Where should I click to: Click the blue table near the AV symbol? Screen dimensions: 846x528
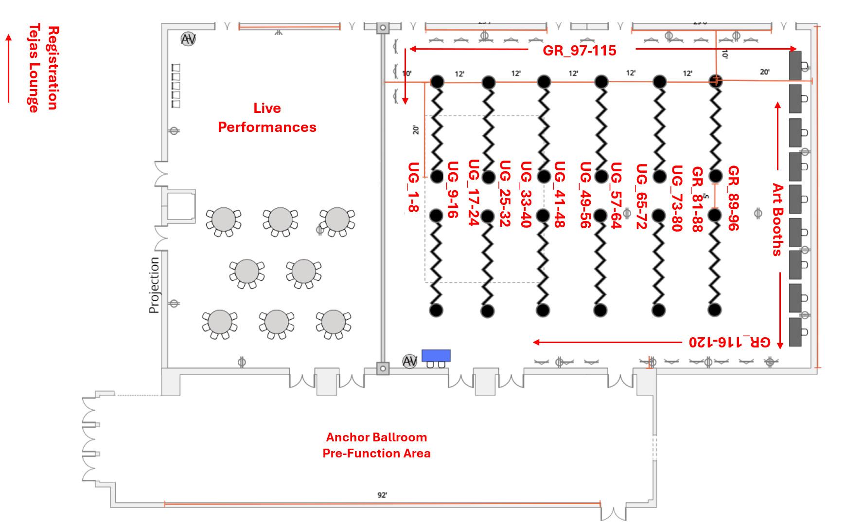(x=436, y=355)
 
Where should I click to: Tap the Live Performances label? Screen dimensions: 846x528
(x=267, y=117)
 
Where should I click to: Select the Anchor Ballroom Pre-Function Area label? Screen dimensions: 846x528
(x=376, y=445)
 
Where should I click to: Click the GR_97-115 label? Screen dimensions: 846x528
(x=579, y=50)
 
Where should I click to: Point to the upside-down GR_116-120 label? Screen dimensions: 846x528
(x=729, y=342)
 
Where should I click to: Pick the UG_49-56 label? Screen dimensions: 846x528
(x=585, y=195)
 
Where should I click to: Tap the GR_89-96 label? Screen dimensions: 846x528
(x=733, y=198)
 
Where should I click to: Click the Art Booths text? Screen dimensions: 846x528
(x=777, y=219)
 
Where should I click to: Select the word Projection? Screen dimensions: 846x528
(x=154, y=285)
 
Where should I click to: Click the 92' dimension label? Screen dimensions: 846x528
(x=382, y=495)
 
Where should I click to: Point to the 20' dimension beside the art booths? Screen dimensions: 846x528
(x=764, y=72)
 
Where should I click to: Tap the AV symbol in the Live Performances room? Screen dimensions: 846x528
(x=188, y=39)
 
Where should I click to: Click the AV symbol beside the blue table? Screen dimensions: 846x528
(x=410, y=362)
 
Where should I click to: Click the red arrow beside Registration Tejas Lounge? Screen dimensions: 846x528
(x=8, y=68)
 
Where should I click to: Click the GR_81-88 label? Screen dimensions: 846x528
(x=697, y=199)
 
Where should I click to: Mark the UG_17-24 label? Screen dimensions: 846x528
(x=474, y=192)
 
